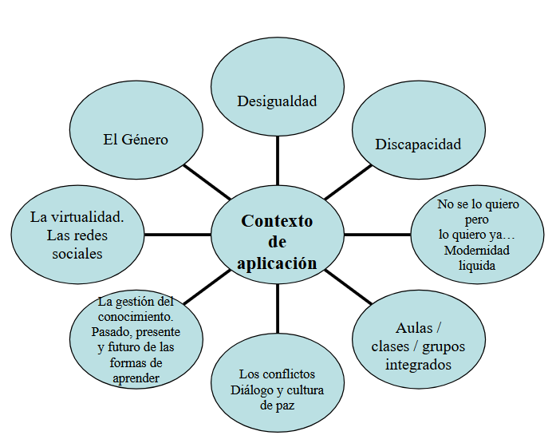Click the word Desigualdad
pyautogui.click(x=277, y=101)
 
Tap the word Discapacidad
pyautogui.click(x=418, y=144)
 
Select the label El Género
pyautogui.click(x=136, y=139)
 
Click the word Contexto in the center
pyautogui.click(x=277, y=221)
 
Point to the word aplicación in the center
pyautogui.click(x=277, y=263)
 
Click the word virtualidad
pyautogui.click(x=89, y=216)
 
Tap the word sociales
pyautogui.click(x=77, y=254)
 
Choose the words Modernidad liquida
pyautogui.click(x=477, y=258)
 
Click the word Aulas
pyautogui.click(x=414, y=328)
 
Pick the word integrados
pyautogui.click(x=418, y=365)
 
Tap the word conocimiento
pyautogui.click(x=136, y=316)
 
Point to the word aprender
pyautogui.click(x=136, y=378)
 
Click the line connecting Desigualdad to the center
pyautogui.click(x=277, y=160)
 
